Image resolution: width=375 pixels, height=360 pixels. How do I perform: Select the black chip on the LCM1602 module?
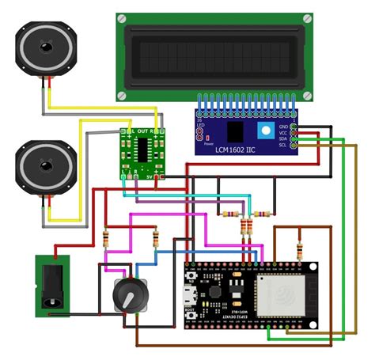click(235, 131)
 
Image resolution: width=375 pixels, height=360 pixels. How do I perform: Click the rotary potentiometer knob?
click(124, 296)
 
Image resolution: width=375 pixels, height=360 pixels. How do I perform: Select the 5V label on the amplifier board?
click(150, 178)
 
